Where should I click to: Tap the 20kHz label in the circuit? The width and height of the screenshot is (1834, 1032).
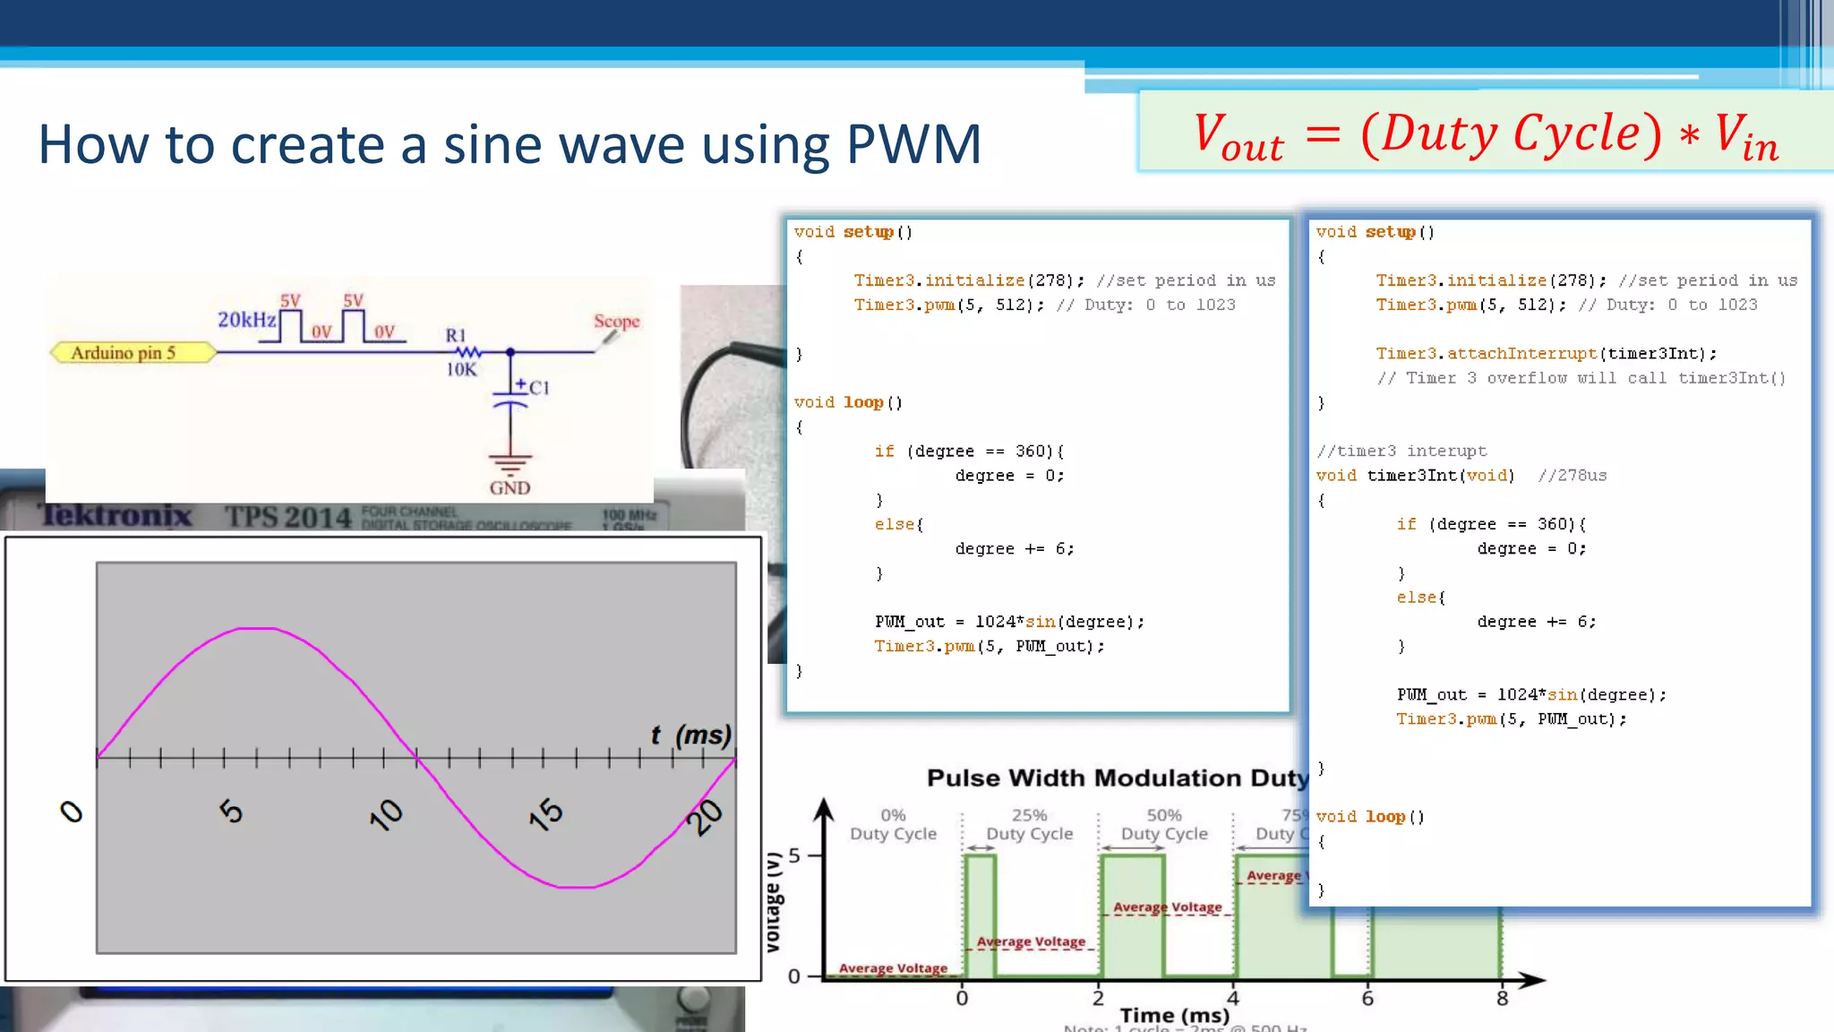tap(246, 320)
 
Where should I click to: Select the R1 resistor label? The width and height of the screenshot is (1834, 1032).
tap(456, 335)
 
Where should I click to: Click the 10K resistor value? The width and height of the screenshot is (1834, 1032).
tap(461, 369)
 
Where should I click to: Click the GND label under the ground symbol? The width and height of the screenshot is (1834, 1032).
tap(510, 488)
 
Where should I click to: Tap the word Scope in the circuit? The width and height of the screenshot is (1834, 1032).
tap(616, 321)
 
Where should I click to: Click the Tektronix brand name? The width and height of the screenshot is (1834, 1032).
tap(116, 515)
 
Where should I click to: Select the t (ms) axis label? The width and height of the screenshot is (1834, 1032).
tap(690, 735)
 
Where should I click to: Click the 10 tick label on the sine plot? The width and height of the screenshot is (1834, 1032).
tap(386, 813)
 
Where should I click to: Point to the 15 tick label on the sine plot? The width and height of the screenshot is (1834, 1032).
tap(545, 813)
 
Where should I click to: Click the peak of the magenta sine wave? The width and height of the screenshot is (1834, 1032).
tap(258, 629)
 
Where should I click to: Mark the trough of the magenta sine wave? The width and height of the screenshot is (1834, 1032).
tap(576, 887)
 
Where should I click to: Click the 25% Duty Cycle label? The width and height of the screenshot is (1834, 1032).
tap(1029, 824)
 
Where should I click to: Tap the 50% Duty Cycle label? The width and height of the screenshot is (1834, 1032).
tap(1164, 824)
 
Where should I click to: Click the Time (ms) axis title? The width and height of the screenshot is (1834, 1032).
tap(1174, 1015)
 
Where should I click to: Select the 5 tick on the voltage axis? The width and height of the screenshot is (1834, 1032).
tap(794, 856)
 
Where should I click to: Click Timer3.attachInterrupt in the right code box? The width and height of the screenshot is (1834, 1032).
tap(1486, 354)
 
